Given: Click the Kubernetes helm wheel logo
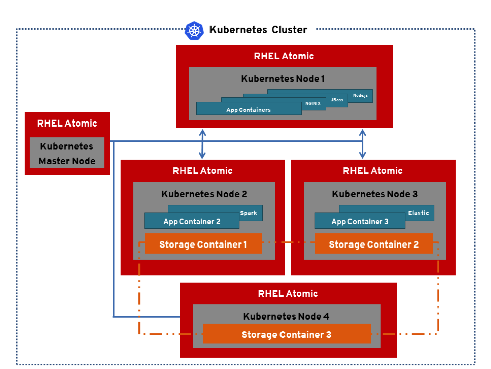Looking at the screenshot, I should pyautogui.click(x=194, y=30).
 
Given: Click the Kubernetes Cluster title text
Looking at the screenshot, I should pyautogui.click(x=258, y=30).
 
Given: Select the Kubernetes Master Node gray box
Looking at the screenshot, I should pyautogui.click(x=67, y=153).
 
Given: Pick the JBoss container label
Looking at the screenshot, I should pyautogui.click(x=337, y=100).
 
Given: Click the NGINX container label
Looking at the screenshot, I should pyautogui.click(x=313, y=103).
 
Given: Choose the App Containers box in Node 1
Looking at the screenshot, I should pyautogui.click(x=249, y=109).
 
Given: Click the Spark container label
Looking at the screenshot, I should pyautogui.click(x=248, y=213).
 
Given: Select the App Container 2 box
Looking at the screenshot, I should pyautogui.click(x=191, y=221).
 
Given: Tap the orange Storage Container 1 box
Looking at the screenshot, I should pyautogui.click(x=203, y=244).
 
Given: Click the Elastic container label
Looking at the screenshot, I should pyautogui.click(x=418, y=213).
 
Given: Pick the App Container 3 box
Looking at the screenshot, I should pyautogui.click(x=360, y=221).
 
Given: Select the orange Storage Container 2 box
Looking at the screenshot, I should pyautogui.click(x=374, y=244).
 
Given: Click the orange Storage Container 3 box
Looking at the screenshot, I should pyautogui.click(x=286, y=334).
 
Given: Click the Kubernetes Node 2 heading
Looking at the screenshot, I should pyautogui.click(x=204, y=194).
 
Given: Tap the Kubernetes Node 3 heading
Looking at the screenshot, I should pyautogui.click(x=375, y=194).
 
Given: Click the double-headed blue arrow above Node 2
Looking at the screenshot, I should pyautogui.click(x=202, y=144).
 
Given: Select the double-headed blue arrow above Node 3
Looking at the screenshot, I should pyautogui.click(x=362, y=144).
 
